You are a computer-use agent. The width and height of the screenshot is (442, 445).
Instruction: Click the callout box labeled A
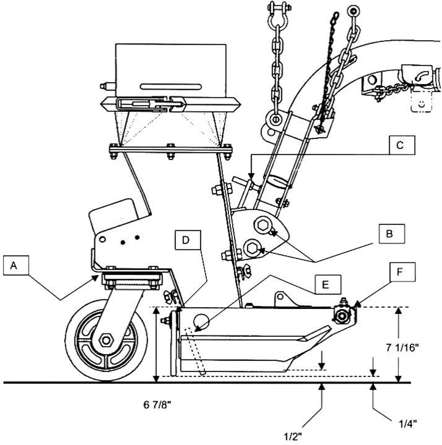click(x=16, y=265)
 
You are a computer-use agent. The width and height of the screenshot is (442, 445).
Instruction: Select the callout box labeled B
click(x=392, y=234)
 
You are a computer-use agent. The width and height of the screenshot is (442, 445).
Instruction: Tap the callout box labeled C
click(x=402, y=145)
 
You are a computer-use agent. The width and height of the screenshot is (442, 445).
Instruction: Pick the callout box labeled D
click(x=188, y=240)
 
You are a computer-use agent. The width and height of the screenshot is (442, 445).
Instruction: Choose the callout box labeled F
click(x=402, y=272)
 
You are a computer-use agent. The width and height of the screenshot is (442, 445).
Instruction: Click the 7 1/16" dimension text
click(x=402, y=348)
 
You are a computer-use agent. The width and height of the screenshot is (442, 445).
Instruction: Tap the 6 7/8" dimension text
click(x=157, y=405)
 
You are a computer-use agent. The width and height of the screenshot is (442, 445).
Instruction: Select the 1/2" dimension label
click(x=293, y=436)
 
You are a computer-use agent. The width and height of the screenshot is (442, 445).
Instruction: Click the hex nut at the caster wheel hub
click(x=106, y=340)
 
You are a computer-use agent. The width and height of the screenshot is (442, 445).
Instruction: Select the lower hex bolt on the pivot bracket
click(x=252, y=248)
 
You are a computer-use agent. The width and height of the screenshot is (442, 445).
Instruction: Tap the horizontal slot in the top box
click(x=171, y=87)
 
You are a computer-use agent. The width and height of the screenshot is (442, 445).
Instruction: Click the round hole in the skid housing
click(x=201, y=321)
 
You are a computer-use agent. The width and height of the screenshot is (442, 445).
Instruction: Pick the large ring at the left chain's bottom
click(x=275, y=119)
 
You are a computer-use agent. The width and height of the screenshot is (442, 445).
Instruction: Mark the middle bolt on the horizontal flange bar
click(x=170, y=151)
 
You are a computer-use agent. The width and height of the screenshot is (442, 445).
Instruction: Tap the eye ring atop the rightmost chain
click(x=354, y=11)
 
